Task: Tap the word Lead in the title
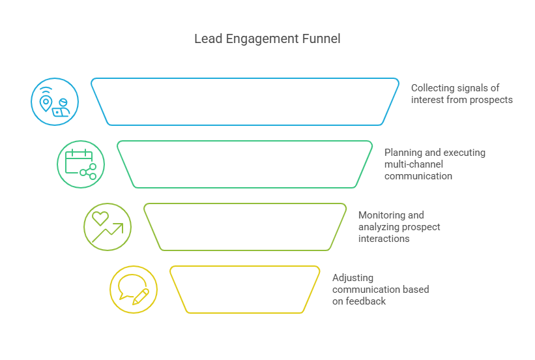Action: coord(206,39)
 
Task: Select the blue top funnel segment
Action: coord(244,102)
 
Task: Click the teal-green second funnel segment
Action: coord(244,164)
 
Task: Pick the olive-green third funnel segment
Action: coord(244,227)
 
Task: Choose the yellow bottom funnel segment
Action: coord(244,290)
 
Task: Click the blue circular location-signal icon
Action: coord(55,102)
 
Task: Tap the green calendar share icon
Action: coord(81,164)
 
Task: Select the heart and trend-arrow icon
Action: coord(108,227)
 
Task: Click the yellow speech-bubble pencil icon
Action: coord(134,290)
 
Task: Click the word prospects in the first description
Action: coord(491,100)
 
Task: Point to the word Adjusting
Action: coord(353,278)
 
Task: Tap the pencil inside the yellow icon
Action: coord(141,295)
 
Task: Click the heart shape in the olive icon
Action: coord(100,218)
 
